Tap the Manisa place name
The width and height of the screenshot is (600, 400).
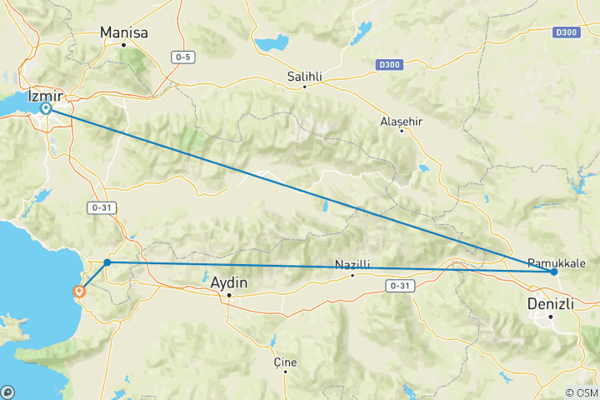coord(123,32)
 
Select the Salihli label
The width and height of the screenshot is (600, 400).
coord(304,75)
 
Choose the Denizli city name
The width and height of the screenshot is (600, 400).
coord(552,304)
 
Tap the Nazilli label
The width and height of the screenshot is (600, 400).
coord(352,264)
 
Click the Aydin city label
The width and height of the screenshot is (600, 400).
coord(228,283)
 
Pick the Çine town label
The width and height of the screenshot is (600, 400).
coord(285,362)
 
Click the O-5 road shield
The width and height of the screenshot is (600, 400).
coord(183,57)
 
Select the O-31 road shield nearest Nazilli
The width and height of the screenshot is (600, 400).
coord(399,285)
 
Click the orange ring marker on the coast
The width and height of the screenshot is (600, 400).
coord(79,292)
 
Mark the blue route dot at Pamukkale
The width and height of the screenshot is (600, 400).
coord(553,272)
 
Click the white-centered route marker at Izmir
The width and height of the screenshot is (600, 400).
coord(47,107)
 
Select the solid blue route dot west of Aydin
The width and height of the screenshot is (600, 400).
coord(107,262)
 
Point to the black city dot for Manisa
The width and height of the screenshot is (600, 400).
coord(123,44)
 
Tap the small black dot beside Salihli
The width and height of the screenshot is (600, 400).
coord(305,86)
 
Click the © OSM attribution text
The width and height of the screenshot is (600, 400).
coord(581,392)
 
